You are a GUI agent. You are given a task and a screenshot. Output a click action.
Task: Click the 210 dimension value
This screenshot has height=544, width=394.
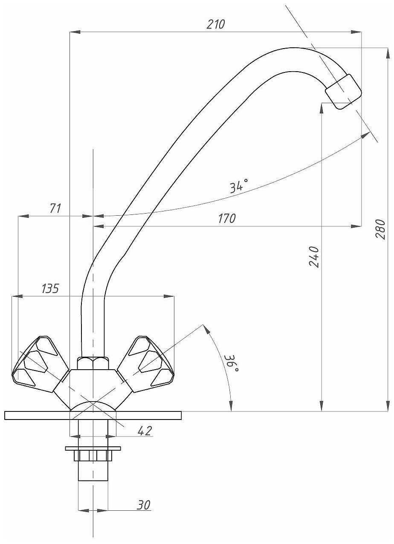pyautogui.click(x=216, y=25)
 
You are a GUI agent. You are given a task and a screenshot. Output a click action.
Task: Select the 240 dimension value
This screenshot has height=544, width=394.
pyautogui.click(x=314, y=257)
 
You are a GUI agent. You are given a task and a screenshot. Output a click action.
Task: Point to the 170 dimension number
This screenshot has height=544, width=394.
pyautogui.click(x=226, y=219)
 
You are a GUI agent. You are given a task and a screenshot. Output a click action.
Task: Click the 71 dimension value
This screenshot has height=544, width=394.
pyautogui.click(x=55, y=208)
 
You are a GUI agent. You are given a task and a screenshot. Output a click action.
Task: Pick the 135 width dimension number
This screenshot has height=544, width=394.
pyautogui.click(x=50, y=289)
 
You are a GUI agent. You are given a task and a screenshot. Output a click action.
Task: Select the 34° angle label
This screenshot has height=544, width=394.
pyautogui.click(x=239, y=186)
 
